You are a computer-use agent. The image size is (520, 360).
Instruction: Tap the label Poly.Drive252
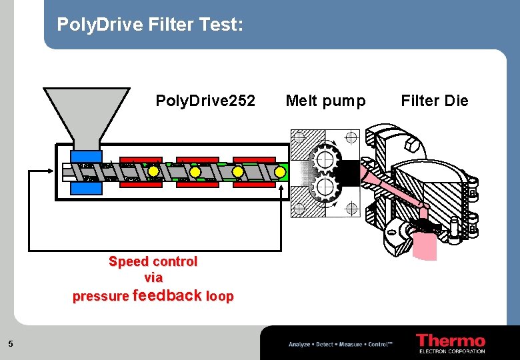(205, 101)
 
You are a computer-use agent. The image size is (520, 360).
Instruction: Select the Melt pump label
(325, 101)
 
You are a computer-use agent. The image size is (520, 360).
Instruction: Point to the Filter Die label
(435, 101)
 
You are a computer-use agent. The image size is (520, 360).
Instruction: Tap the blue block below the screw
(87, 188)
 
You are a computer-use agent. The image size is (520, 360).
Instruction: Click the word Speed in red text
(129, 261)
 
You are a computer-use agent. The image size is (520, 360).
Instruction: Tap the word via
(153, 277)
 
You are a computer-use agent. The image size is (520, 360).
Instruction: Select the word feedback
(167, 295)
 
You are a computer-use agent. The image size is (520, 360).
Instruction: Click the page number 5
(11, 344)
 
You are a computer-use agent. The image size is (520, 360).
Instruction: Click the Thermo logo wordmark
(451, 340)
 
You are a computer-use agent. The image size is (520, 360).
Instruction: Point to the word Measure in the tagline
(351, 344)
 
